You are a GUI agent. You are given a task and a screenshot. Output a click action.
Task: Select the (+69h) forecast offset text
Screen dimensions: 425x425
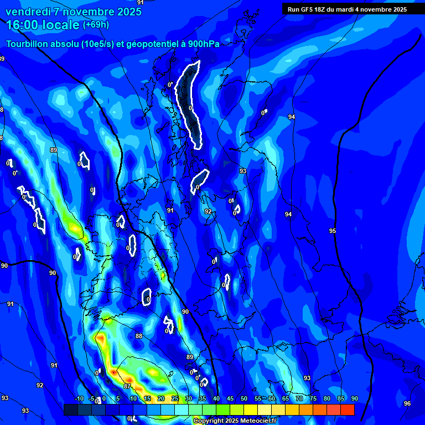click(x=96, y=25)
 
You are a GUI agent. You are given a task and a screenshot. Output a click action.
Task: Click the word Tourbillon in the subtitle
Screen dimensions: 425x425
click(x=28, y=44)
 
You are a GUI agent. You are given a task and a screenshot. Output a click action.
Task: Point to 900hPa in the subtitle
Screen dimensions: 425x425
click(x=200, y=44)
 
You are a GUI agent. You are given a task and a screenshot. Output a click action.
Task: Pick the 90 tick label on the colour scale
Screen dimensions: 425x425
click(x=354, y=399)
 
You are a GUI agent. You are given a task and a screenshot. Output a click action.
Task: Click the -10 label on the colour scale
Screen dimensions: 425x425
click(x=79, y=399)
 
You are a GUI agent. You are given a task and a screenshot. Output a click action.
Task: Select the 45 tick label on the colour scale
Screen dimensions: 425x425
click(x=230, y=399)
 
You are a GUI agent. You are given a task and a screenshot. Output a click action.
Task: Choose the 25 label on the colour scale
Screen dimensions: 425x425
click(x=174, y=399)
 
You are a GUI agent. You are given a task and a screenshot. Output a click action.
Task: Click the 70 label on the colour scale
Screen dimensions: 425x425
click(x=299, y=399)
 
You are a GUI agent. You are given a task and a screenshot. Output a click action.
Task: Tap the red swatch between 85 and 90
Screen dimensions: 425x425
click(x=347, y=410)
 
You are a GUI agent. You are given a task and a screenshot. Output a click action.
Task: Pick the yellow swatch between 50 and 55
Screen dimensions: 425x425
click(x=250, y=410)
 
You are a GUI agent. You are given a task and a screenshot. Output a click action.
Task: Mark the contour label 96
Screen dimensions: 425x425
click(x=407, y=403)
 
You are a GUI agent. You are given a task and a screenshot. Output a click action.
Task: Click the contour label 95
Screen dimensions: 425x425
click(x=332, y=231)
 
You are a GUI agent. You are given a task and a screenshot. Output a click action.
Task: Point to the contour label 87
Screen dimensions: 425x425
click(x=127, y=386)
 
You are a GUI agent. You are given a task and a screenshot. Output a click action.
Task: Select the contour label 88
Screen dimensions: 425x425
click(x=138, y=336)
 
